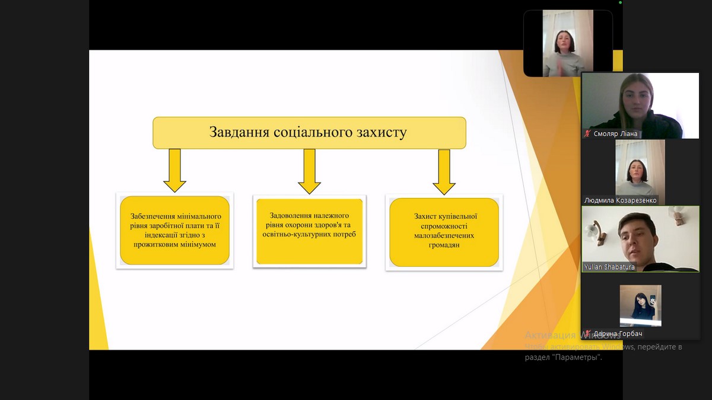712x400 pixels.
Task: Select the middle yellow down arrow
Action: coord(309,172)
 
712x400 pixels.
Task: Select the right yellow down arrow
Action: coord(444,172)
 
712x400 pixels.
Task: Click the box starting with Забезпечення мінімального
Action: coord(174,230)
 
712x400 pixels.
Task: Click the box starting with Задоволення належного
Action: coord(309,230)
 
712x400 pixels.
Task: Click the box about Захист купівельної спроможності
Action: coord(444,232)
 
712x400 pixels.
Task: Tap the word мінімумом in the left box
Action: coord(196,244)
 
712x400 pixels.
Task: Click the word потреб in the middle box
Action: coord(342,235)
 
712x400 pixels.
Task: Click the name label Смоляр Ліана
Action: coord(615,134)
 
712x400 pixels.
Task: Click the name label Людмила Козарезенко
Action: coord(620,200)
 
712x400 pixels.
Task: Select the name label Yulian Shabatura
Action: coord(609,267)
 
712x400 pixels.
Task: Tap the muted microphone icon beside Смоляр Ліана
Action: coord(587,134)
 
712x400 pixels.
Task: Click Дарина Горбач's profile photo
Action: coord(640,305)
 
